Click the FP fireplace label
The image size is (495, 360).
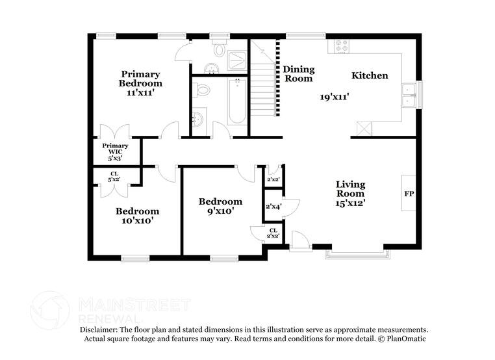(409, 194)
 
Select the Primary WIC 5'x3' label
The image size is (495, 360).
(115, 152)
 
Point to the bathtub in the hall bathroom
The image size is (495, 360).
(237, 101)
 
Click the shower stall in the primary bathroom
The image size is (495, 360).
(237, 60)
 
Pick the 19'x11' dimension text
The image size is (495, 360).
(335, 97)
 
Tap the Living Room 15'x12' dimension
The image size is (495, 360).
(350, 203)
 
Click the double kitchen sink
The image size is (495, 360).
(409, 96)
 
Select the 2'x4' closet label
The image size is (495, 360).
(273, 207)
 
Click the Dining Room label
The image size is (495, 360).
(299, 74)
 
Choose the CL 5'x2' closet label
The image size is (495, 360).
(114, 177)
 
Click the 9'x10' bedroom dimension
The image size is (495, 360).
(220, 211)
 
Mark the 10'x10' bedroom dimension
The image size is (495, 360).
(137, 220)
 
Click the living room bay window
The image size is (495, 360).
(358, 254)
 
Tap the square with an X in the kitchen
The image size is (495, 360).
(364, 129)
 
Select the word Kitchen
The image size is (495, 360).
(370, 75)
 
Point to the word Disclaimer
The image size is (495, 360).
(98, 329)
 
